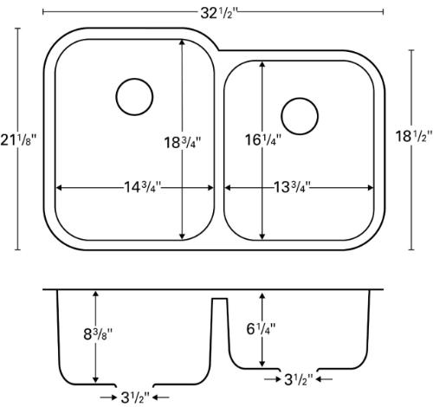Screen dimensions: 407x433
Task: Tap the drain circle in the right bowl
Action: click(297, 113)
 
